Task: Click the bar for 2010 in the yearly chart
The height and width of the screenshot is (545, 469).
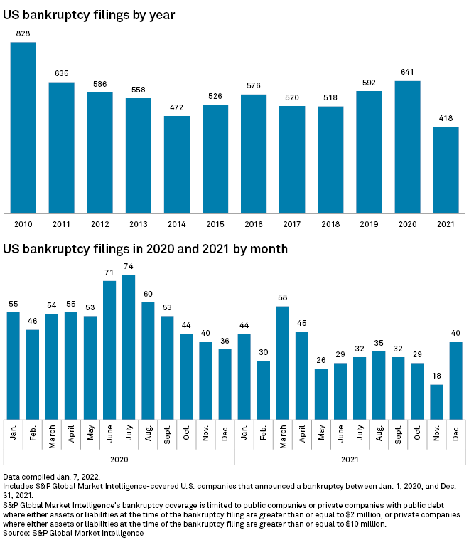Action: [x=23, y=127]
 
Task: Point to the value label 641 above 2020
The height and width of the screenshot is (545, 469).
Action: [x=407, y=71]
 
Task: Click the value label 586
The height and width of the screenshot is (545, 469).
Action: [x=99, y=83]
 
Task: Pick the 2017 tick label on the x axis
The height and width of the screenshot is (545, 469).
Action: [x=292, y=224]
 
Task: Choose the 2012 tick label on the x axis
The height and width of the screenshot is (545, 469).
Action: [x=99, y=224]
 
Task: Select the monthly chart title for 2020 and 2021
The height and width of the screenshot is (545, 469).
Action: [x=146, y=249]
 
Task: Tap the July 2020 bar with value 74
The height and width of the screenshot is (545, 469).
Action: [x=129, y=346]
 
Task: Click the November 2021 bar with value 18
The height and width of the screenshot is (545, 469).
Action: [x=437, y=401]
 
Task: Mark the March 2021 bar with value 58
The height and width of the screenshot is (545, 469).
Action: [x=283, y=362]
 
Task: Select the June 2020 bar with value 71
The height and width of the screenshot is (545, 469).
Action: [x=109, y=349]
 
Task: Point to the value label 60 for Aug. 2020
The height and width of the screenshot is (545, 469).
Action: [x=148, y=293]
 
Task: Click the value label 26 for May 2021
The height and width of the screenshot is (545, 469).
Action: [x=321, y=359]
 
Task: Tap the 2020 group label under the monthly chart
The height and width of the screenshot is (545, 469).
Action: [x=119, y=460]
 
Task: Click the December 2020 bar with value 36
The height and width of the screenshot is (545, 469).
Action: [x=225, y=383]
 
